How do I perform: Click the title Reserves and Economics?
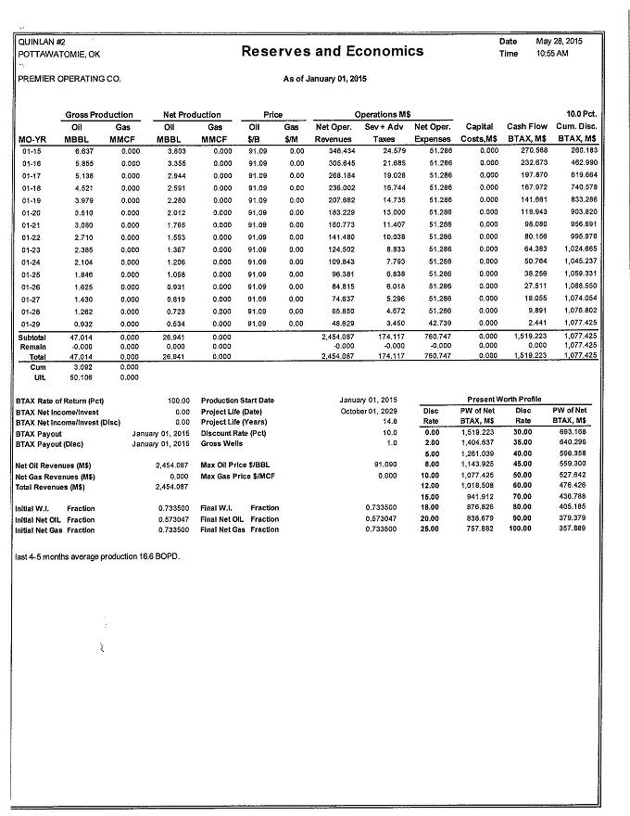tap(332, 51)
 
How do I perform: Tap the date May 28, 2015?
tap(559, 42)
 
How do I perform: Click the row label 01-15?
tap(31, 149)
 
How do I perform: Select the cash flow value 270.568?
tap(534, 149)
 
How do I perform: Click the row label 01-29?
tap(31, 323)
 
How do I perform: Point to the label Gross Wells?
tap(223, 444)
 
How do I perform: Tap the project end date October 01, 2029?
tap(369, 411)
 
